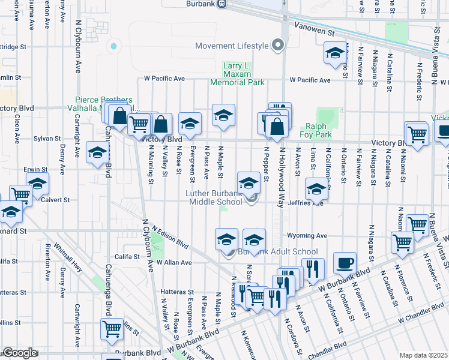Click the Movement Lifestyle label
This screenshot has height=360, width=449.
232,46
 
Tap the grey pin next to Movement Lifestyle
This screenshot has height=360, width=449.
277,46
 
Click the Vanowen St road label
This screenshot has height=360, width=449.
313,28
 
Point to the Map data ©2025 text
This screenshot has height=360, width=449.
424,355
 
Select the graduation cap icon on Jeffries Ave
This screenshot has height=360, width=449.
316,190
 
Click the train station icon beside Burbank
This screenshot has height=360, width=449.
221,3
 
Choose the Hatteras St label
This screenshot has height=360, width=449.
178,292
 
